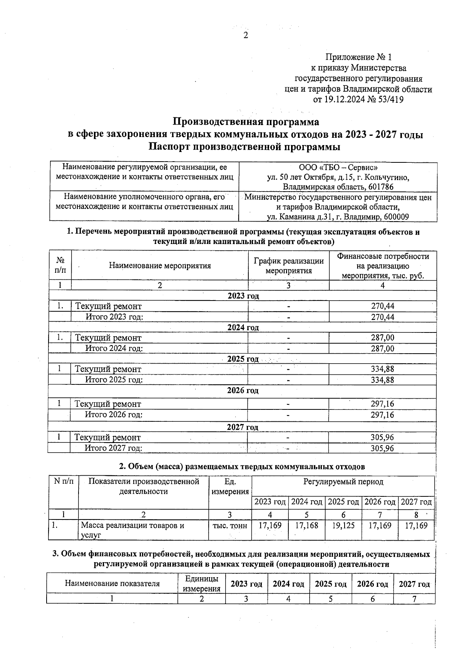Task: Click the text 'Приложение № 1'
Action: click(358, 57)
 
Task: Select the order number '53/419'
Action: click(390, 100)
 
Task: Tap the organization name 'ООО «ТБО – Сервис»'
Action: click(338, 167)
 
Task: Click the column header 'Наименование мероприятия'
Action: click(160, 266)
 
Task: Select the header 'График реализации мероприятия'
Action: click(288, 266)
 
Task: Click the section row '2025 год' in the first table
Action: click(243, 359)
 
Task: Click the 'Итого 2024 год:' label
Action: click(114, 349)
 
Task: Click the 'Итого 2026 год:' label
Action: click(114, 415)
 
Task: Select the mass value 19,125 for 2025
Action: click(343, 526)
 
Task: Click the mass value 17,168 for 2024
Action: click(306, 526)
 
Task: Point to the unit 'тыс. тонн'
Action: click(230, 526)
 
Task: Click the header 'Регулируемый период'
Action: click(343, 482)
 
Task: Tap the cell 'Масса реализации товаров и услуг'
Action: click(132, 530)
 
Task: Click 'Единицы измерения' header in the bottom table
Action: click(201, 584)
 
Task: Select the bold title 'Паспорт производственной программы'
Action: click(245, 147)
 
